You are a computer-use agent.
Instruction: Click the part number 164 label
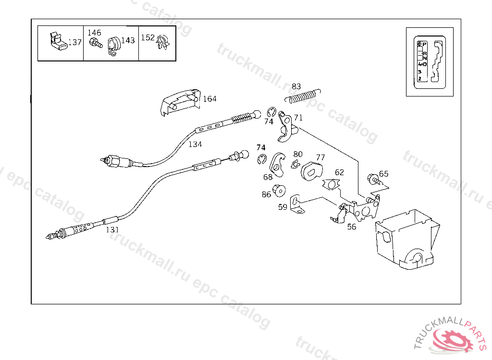(209, 99)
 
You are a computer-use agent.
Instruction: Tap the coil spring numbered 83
(303, 96)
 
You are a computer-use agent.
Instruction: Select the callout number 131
(112, 230)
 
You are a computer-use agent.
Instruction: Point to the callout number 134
(195, 144)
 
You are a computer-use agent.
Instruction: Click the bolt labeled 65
(374, 180)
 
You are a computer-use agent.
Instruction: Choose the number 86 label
(266, 194)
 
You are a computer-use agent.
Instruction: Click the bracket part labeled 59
(297, 203)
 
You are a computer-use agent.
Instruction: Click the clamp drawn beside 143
(113, 47)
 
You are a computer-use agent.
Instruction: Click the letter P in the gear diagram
(424, 44)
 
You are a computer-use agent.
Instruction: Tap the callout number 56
(352, 227)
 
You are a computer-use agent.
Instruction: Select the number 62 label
(339, 172)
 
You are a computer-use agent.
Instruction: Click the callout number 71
(298, 118)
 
